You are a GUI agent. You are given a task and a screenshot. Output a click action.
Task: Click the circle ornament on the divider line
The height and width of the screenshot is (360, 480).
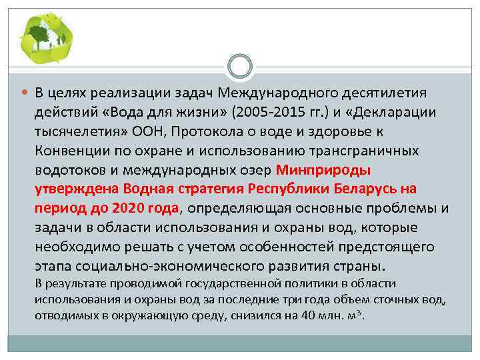240,67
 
